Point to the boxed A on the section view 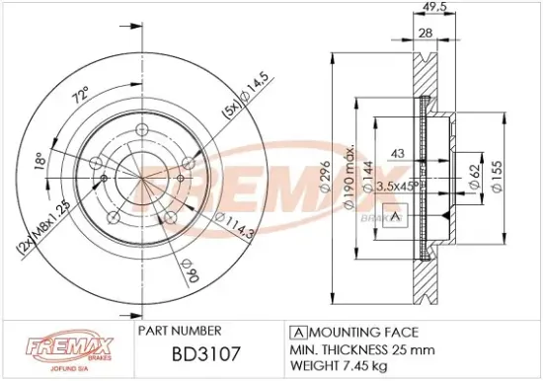396,217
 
